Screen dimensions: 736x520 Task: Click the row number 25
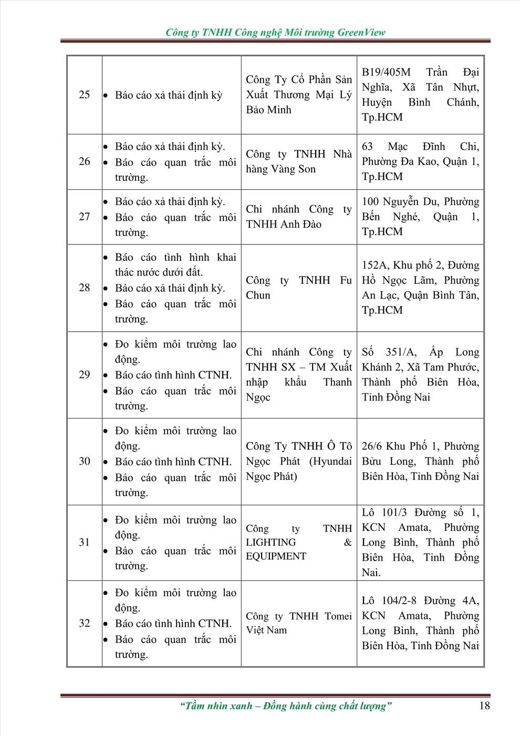(85, 95)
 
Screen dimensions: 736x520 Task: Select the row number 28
(85, 288)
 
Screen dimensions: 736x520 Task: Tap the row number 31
(85, 542)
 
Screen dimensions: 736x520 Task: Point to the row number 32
(85, 623)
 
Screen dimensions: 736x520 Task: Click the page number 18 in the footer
(484, 706)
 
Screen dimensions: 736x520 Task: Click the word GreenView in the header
(361, 32)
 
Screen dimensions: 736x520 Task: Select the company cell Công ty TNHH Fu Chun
(298, 288)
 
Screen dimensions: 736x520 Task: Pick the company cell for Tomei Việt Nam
(298, 623)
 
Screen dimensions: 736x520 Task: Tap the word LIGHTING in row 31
(271, 542)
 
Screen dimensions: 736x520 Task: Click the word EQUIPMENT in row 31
(276, 556)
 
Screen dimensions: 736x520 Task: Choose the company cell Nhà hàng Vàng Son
(298, 161)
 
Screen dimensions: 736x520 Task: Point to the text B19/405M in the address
(386, 72)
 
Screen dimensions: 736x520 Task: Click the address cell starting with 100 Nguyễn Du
(420, 217)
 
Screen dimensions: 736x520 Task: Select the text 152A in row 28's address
(374, 265)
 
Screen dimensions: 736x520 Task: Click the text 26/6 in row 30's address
(372, 446)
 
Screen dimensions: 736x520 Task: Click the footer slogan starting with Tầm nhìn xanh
(286, 706)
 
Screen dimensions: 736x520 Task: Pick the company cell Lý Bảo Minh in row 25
(298, 95)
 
